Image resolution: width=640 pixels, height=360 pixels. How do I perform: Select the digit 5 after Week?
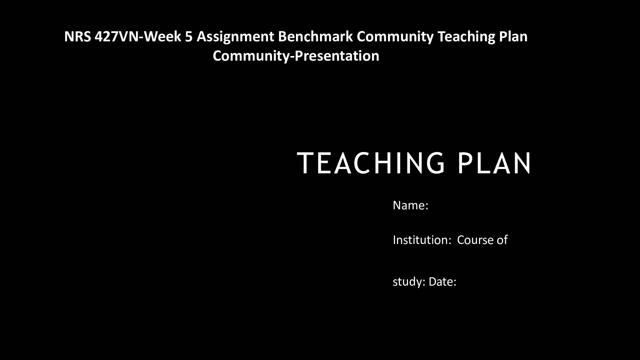pos(189,37)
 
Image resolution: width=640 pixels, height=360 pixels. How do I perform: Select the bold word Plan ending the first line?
pos(514,37)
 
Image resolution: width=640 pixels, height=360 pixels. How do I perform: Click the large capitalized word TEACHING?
pos(371,163)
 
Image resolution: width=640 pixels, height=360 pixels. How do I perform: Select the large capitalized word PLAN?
pos(494,163)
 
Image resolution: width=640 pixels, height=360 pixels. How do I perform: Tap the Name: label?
pos(410,205)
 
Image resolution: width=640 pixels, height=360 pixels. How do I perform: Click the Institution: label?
pos(422,240)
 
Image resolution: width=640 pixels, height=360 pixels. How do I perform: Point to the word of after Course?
pos(502,240)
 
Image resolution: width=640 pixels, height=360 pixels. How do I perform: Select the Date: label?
pos(442,282)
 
